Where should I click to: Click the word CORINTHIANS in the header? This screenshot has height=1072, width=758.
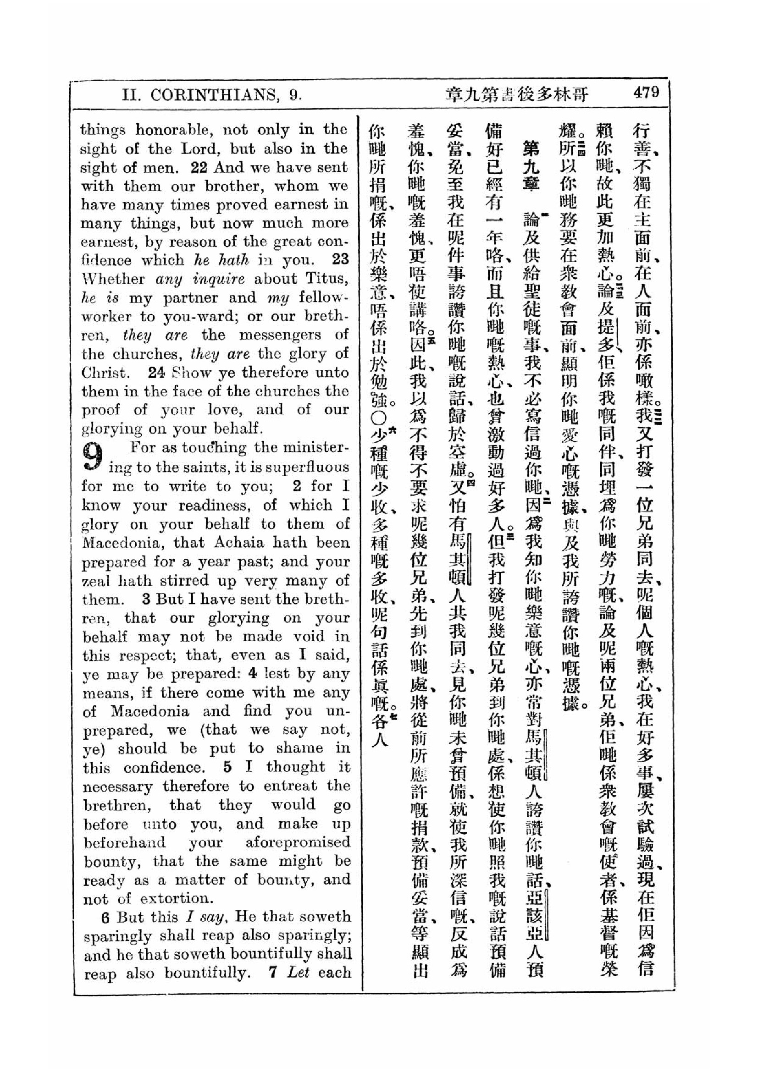pyautogui.click(x=214, y=95)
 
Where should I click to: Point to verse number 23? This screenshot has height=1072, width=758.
pyautogui.click(x=340, y=259)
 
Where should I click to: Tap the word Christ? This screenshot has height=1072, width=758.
pyautogui.click(x=104, y=373)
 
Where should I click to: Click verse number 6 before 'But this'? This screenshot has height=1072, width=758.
pyautogui.click(x=105, y=918)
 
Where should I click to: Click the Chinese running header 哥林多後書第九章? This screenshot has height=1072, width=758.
pyautogui.click(x=517, y=95)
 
